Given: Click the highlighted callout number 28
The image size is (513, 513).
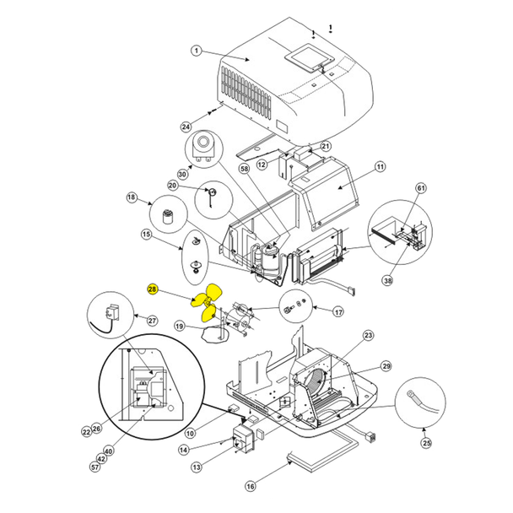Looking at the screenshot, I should click(x=152, y=289).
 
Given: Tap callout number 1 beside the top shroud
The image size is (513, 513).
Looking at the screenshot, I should click(x=195, y=50).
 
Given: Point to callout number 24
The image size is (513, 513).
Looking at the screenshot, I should click(x=186, y=127).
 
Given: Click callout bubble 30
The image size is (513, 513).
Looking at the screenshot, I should click(x=181, y=174).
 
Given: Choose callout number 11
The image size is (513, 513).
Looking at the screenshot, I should click(x=380, y=167).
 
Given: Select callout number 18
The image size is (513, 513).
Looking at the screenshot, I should click(x=132, y=197).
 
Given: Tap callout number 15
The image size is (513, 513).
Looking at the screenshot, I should click(x=146, y=234).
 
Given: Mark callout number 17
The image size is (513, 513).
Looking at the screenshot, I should click(x=337, y=312).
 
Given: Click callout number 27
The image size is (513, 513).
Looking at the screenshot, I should click(x=152, y=321).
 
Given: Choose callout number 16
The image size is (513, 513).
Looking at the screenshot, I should click(x=250, y=486).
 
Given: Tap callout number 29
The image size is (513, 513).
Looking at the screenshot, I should click(x=386, y=365).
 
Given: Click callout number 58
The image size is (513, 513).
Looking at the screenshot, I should click(x=245, y=170).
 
